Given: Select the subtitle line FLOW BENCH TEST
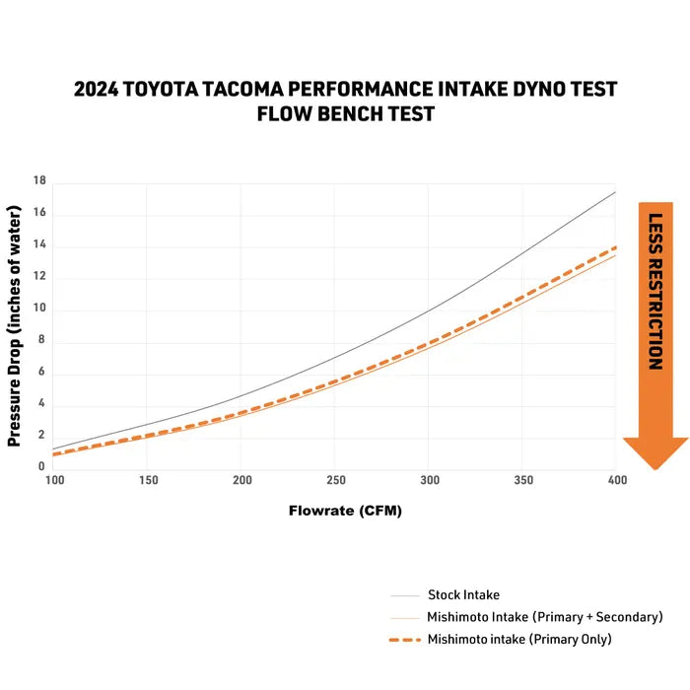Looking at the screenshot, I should pyautogui.click(x=345, y=113).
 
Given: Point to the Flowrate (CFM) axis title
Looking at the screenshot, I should pyautogui.click(x=345, y=511).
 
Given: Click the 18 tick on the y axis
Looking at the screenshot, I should pyautogui.click(x=39, y=181).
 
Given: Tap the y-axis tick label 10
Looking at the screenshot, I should pyautogui.click(x=39, y=310).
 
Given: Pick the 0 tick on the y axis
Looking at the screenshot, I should pyautogui.click(x=40, y=466).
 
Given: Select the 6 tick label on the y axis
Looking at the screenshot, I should pyautogui.click(x=40, y=372).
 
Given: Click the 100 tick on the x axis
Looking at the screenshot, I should pyautogui.click(x=54, y=480).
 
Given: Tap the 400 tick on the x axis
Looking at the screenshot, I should pyautogui.click(x=615, y=480).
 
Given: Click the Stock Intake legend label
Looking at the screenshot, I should pyautogui.click(x=463, y=594).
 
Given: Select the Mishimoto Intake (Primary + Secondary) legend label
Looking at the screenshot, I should pyautogui.click(x=544, y=617).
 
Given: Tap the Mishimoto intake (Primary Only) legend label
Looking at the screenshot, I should pyautogui.click(x=519, y=639).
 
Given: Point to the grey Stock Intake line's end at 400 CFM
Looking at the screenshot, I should pyautogui.click(x=615, y=191).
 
